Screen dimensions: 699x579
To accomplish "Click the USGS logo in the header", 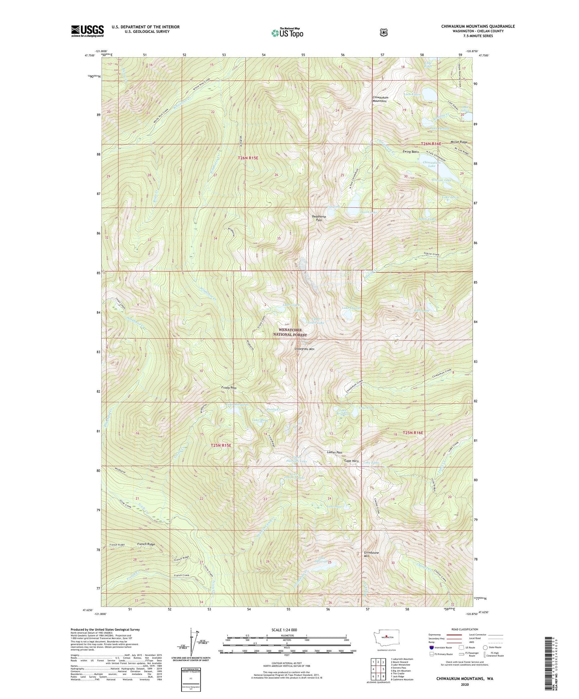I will click(x=87, y=31).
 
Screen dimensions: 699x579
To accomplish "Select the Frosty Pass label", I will click(x=229, y=388).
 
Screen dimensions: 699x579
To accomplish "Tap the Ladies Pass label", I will click(x=335, y=452).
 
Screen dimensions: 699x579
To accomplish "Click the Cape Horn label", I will click(x=351, y=461).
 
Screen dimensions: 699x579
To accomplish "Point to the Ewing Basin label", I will click(x=411, y=152).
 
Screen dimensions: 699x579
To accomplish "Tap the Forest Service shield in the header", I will click(x=383, y=32).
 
